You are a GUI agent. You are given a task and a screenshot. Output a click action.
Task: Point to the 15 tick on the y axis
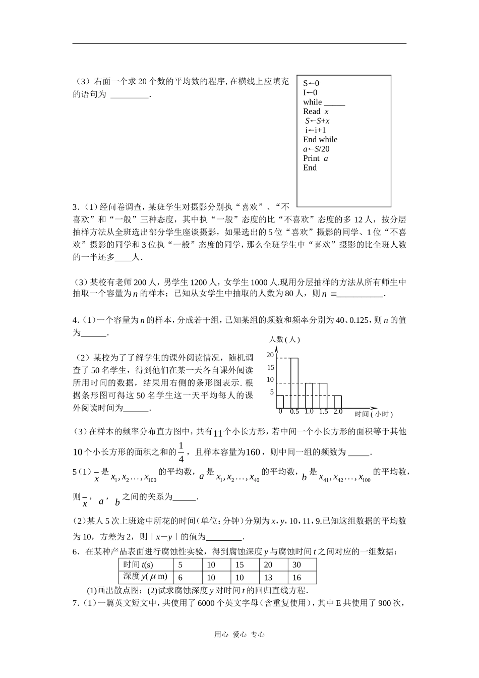point(271,368)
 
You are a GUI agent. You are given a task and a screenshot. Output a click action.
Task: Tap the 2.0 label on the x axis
point(338,412)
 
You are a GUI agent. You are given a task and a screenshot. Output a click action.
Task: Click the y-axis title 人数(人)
point(284,340)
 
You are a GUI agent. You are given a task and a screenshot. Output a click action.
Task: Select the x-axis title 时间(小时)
point(374,414)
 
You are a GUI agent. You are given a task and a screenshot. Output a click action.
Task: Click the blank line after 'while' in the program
point(334,102)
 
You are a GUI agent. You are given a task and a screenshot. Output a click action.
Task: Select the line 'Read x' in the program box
point(316,111)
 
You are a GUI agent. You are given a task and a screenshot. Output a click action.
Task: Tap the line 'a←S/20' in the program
point(316,149)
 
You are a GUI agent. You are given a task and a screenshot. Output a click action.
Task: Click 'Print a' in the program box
point(316,158)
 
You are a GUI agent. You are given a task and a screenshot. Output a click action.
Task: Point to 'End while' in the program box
point(320,140)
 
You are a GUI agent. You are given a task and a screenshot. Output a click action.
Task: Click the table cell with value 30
point(302,565)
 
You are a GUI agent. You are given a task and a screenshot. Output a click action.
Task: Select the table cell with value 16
point(302,578)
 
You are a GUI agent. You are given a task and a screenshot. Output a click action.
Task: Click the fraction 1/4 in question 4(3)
point(182,452)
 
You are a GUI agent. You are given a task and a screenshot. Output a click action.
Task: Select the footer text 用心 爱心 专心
point(239,635)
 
